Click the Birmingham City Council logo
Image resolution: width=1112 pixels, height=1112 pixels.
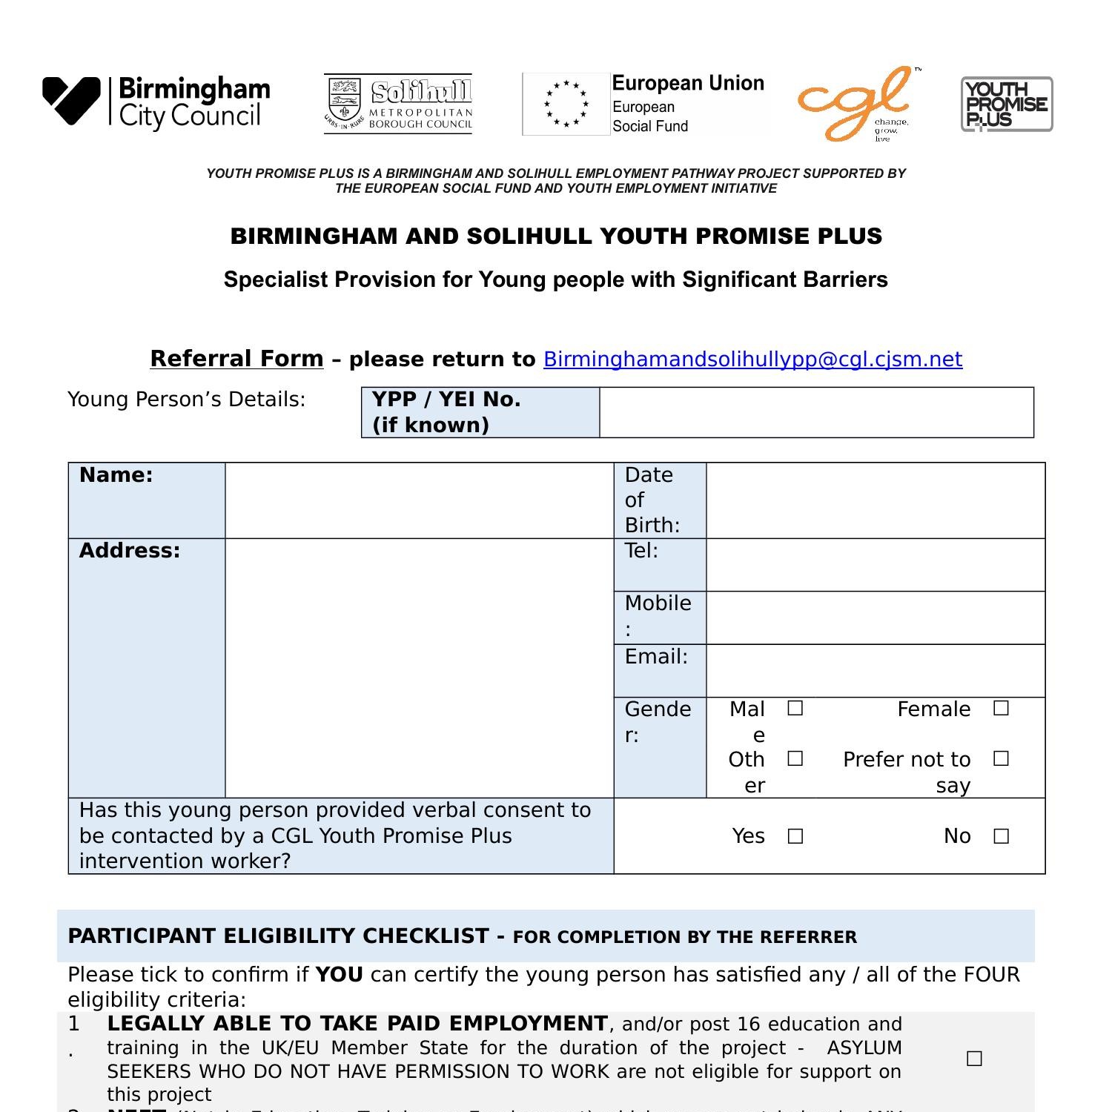(156, 103)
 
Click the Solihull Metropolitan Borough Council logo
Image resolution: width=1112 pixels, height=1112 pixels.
(398, 104)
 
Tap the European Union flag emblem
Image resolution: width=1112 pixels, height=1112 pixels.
(566, 105)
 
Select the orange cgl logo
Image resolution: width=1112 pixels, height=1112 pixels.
(857, 104)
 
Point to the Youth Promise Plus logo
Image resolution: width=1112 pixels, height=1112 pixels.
(1007, 105)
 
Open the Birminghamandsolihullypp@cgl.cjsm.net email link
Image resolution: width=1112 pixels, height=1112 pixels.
(752, 360)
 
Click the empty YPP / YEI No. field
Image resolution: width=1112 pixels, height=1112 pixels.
(815, 412)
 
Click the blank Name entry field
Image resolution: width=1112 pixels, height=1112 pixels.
(419, 500)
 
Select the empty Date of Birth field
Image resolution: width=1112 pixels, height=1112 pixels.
(875, 500)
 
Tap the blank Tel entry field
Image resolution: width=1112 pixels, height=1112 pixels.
(875, 565)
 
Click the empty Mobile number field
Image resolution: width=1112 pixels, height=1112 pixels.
(875, 618)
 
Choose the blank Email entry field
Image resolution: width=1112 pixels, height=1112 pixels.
(875, 670)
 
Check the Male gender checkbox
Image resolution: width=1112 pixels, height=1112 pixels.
(795, 709)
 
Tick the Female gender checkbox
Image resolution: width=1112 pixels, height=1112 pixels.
(1001, 709)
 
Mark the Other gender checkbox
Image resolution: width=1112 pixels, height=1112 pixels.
(795, 759)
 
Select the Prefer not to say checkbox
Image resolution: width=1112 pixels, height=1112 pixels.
(1001, 759)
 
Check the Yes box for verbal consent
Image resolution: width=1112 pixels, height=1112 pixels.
(795, 837)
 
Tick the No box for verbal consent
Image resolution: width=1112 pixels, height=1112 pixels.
(1001, 837)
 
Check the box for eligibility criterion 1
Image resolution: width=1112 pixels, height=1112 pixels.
(974, 1059)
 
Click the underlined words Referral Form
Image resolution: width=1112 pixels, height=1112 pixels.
(236, 359)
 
